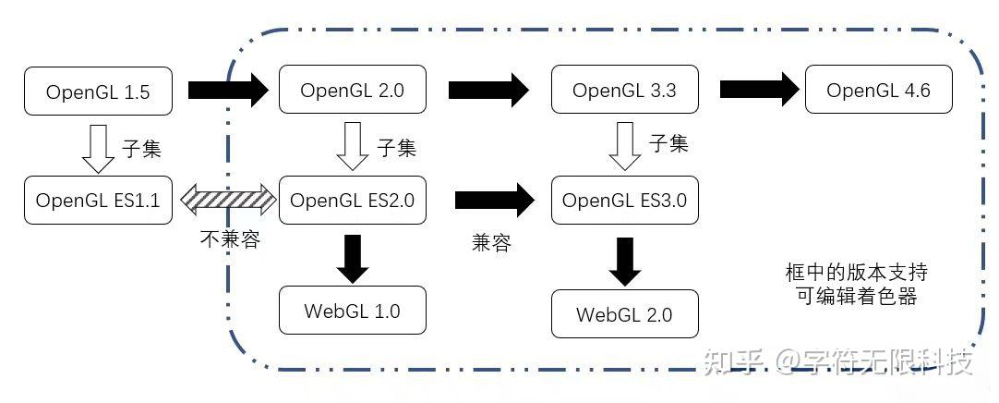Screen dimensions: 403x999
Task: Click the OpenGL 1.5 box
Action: click(x=98, y=91)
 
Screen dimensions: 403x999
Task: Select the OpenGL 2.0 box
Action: click(x=352, y=91)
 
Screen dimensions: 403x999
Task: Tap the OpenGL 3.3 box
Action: click(x=624, y=91)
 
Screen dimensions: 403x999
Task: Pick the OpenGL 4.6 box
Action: click(x=878, y=91)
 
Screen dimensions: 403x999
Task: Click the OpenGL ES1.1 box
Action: click(x=98, y=200)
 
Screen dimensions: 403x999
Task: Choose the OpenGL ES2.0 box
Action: click(x=352, y=200)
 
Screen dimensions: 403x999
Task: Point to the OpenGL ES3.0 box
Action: click(x=624, y=200)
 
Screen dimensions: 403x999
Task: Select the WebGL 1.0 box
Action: click(x=352, y=311)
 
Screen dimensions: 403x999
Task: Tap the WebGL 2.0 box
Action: click(x=624, y=314)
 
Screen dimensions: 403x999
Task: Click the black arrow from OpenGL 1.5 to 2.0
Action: click(x=227, y=91)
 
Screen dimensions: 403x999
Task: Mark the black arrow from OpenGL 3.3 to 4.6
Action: click(x=759, y=91)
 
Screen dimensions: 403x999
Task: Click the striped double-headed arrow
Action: click(x=228, y=199)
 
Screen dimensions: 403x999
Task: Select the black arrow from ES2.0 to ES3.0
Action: click(x=495, y=199)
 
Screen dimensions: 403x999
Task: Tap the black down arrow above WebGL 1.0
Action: click(x=353, y=259)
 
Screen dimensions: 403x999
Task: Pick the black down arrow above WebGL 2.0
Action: click(x=625, y=262)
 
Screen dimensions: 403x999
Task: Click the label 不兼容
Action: click(x=230, y=239)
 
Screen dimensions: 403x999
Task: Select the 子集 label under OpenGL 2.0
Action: click(x=396, y=148)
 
